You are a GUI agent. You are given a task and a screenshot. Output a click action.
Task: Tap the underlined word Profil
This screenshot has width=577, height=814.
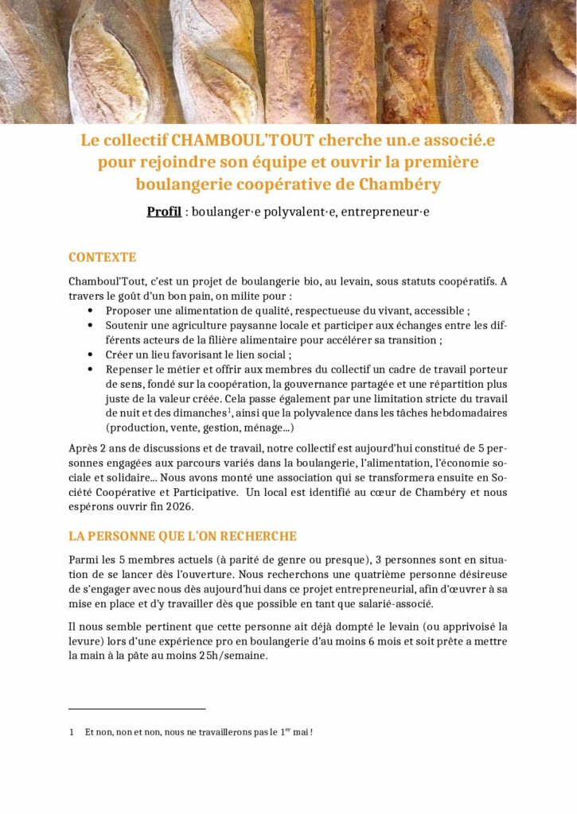[164, 212]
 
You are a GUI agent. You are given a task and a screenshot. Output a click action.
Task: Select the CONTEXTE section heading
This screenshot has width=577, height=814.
[102, 258]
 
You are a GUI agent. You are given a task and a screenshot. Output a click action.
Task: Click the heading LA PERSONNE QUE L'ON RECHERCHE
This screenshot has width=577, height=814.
[182, 537]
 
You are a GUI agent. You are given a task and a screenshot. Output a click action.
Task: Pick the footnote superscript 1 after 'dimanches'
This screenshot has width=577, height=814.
[228, 410]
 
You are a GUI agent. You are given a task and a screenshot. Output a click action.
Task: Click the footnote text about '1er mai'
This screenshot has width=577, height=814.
[198, 731]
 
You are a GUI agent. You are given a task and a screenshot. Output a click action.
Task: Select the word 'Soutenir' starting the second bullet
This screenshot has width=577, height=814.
[127, 325]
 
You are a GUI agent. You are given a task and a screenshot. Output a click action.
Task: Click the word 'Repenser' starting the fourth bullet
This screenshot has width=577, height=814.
[130, 370]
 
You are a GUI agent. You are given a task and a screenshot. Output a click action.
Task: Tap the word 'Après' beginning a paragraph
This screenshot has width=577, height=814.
[84, 447]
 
